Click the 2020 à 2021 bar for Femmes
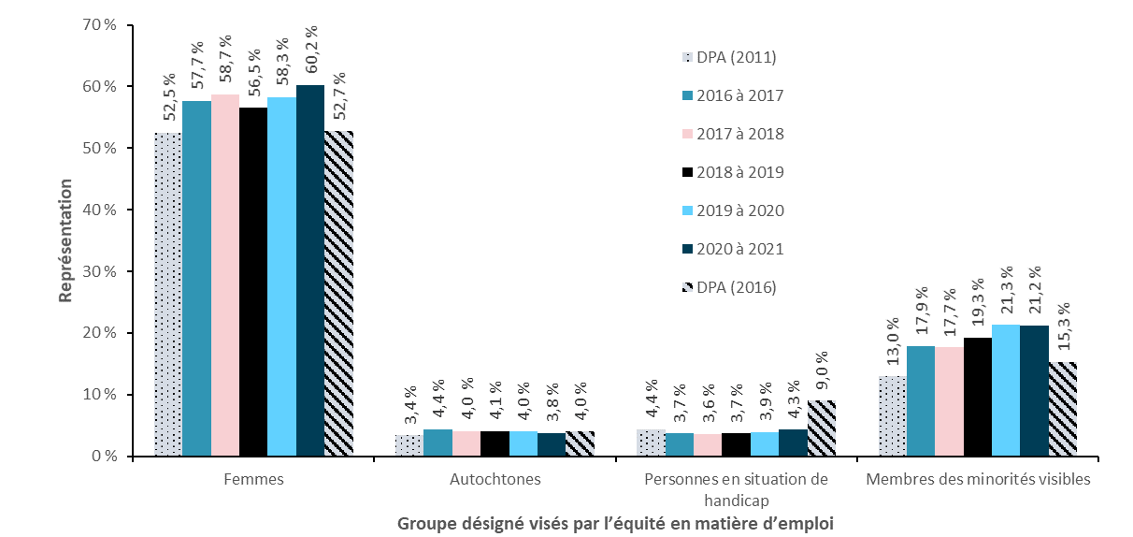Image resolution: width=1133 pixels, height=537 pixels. click(310, 271)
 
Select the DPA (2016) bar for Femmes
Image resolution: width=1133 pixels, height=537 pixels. click(338, 294)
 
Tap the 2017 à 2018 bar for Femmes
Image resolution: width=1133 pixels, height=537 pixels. click(225, 276)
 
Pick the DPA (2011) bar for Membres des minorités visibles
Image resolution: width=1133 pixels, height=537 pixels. click(893, 416)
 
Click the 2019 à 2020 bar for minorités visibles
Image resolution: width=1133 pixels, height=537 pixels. click(1006, 391)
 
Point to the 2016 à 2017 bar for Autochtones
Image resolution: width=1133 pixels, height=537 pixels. click(437, 443)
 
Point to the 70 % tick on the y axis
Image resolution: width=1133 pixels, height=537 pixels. click(98, 25)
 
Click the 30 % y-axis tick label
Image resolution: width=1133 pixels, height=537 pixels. click(98, 271)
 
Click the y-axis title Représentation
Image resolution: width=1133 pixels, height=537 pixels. click(65, 240)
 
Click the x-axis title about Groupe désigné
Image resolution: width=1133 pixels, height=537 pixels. click(614, 523)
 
